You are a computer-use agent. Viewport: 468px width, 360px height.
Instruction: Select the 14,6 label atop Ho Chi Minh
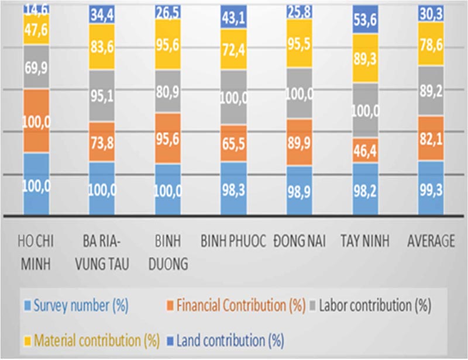(x=36, y=8)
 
